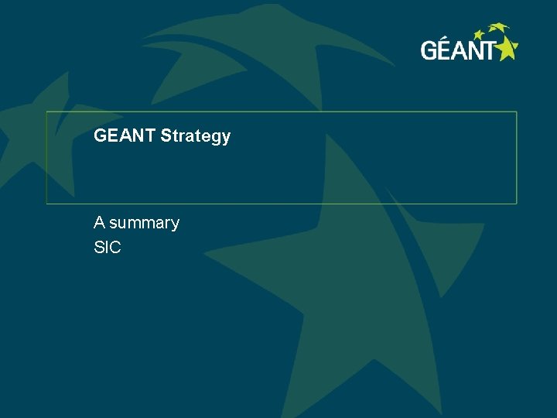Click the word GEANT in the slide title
coord(125,136)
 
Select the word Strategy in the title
coord(196,137)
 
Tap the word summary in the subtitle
coord(145,223)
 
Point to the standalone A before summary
coord(99,223)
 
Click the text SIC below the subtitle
coord(108,248)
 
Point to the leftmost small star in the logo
coord(479,34)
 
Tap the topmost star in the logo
coord(499,28)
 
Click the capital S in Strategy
coord(165,136)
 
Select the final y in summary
coord(175,224)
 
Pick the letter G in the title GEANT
coord(100,136)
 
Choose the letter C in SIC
coord(115,248)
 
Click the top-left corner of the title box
coord(46,111)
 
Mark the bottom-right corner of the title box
coord(516,204)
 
